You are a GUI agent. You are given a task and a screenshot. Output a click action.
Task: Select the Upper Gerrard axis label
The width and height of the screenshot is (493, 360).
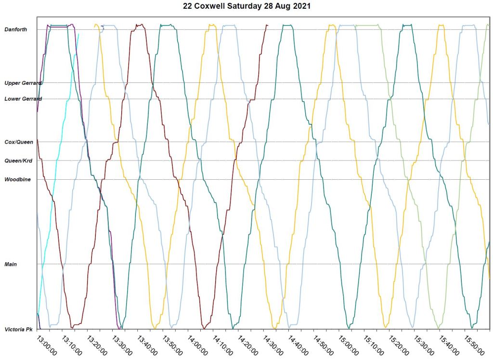pos(23,83)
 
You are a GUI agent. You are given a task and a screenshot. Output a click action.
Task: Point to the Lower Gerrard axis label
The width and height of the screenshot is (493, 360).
pos(23,99)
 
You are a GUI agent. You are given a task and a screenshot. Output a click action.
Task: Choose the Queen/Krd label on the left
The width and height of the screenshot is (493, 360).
pos(18,160)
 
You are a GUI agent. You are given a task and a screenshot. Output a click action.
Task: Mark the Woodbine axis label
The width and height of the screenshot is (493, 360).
pos(18,179)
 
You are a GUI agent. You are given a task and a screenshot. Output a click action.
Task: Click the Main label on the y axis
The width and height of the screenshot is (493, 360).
pos(11,264)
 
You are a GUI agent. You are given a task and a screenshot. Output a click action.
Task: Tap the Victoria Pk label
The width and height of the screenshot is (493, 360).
pos(18,330)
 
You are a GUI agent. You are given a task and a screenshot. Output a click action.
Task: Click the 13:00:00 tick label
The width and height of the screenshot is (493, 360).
pos(46,345)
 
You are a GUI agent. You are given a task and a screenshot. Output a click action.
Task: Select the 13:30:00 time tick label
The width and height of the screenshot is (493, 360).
pos(122,345)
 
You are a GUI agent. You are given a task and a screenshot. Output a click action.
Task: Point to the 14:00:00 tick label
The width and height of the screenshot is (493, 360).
pos(197,345)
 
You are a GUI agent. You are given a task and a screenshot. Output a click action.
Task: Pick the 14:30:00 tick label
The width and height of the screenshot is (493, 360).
pos(272,345)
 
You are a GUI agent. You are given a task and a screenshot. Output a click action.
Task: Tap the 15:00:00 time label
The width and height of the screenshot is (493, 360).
pos(348,345)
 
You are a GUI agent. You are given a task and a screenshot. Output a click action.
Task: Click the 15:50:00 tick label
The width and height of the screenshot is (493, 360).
pos(474,345)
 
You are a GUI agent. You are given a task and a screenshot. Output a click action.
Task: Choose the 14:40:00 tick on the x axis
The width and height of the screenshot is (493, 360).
pos(298,345)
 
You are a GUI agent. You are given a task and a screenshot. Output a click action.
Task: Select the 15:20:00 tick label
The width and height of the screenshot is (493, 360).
pos(398,345)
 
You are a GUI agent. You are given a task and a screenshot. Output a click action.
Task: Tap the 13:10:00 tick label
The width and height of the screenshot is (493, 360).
pos(71,345)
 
